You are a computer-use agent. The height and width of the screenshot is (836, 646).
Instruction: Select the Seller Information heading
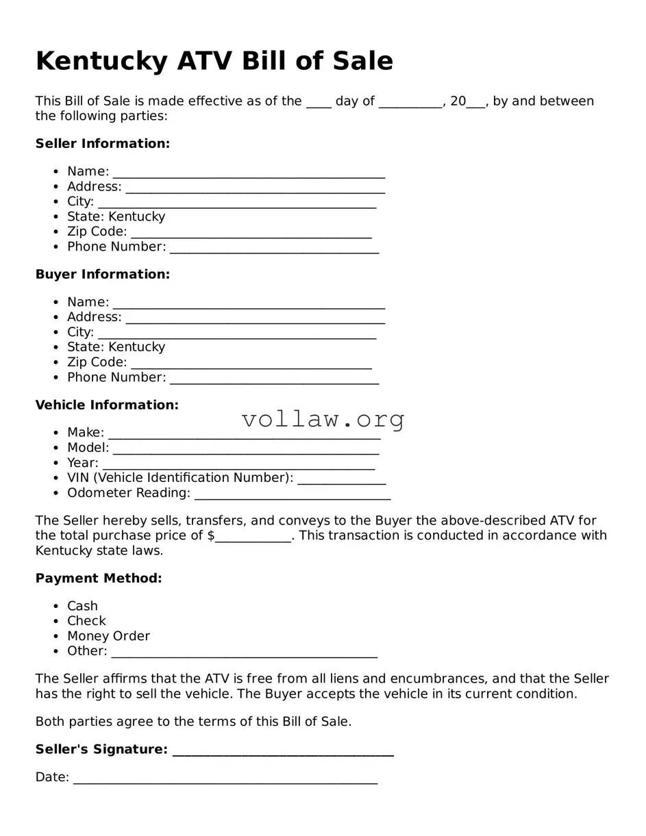click(103, 144)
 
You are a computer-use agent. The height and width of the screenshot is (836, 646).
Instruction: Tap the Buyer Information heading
click(103, 275)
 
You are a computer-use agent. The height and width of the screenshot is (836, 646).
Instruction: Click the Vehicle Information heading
click(107, 405)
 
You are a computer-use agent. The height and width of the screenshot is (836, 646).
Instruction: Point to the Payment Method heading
click(99, 579)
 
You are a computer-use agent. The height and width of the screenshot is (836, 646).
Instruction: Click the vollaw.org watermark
click(323, 419)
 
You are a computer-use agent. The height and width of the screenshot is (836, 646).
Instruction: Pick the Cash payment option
click(82, 607)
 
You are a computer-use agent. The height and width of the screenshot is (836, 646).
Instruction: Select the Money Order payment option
click(108, 637)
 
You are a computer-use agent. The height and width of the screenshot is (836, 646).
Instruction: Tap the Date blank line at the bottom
click(225, 779)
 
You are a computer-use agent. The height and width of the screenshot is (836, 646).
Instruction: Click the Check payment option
click(86, 622)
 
